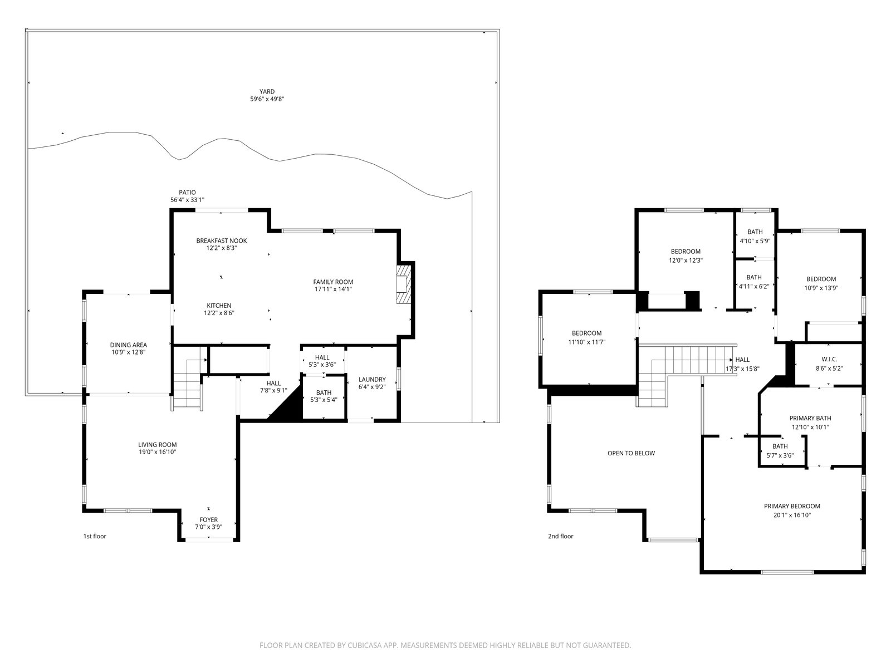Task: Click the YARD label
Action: coord(267,92)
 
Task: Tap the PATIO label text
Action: coord(187,193)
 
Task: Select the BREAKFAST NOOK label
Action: coord(222,241)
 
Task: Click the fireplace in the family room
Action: coord(404,284)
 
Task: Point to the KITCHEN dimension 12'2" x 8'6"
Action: coord(219,313)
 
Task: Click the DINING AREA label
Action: coord(128,345)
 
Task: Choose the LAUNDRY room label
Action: coord(372,380)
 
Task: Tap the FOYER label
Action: coord(209,520)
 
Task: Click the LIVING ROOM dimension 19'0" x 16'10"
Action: coord(157,452)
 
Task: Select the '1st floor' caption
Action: coord(95,536)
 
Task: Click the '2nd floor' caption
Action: coord(561,536)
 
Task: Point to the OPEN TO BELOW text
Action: coord(631,454)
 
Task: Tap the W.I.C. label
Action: coord(829,360)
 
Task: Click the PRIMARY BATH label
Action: coord(810,418)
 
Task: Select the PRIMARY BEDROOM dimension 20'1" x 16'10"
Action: coord(792,515)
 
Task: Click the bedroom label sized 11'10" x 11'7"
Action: coord(586,333)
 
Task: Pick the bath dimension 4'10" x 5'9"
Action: coord(755,241)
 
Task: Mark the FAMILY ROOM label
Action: coord(333,282)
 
